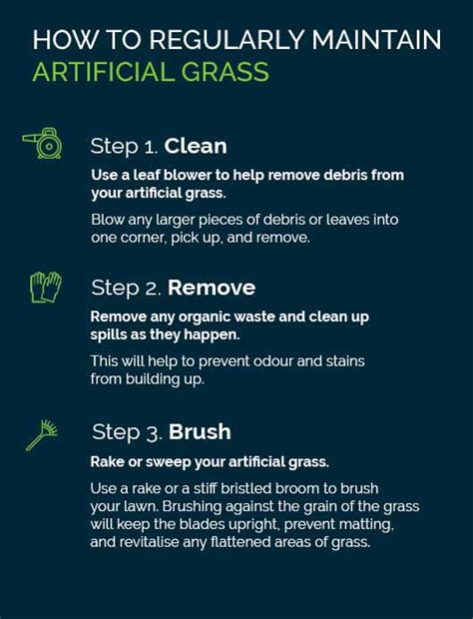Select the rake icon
43,432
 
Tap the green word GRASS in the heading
225,73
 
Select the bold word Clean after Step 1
196,146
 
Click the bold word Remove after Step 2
212,289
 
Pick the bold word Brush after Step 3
200,432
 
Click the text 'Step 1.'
124,146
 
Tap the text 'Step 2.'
126,289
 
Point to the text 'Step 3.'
127,432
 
